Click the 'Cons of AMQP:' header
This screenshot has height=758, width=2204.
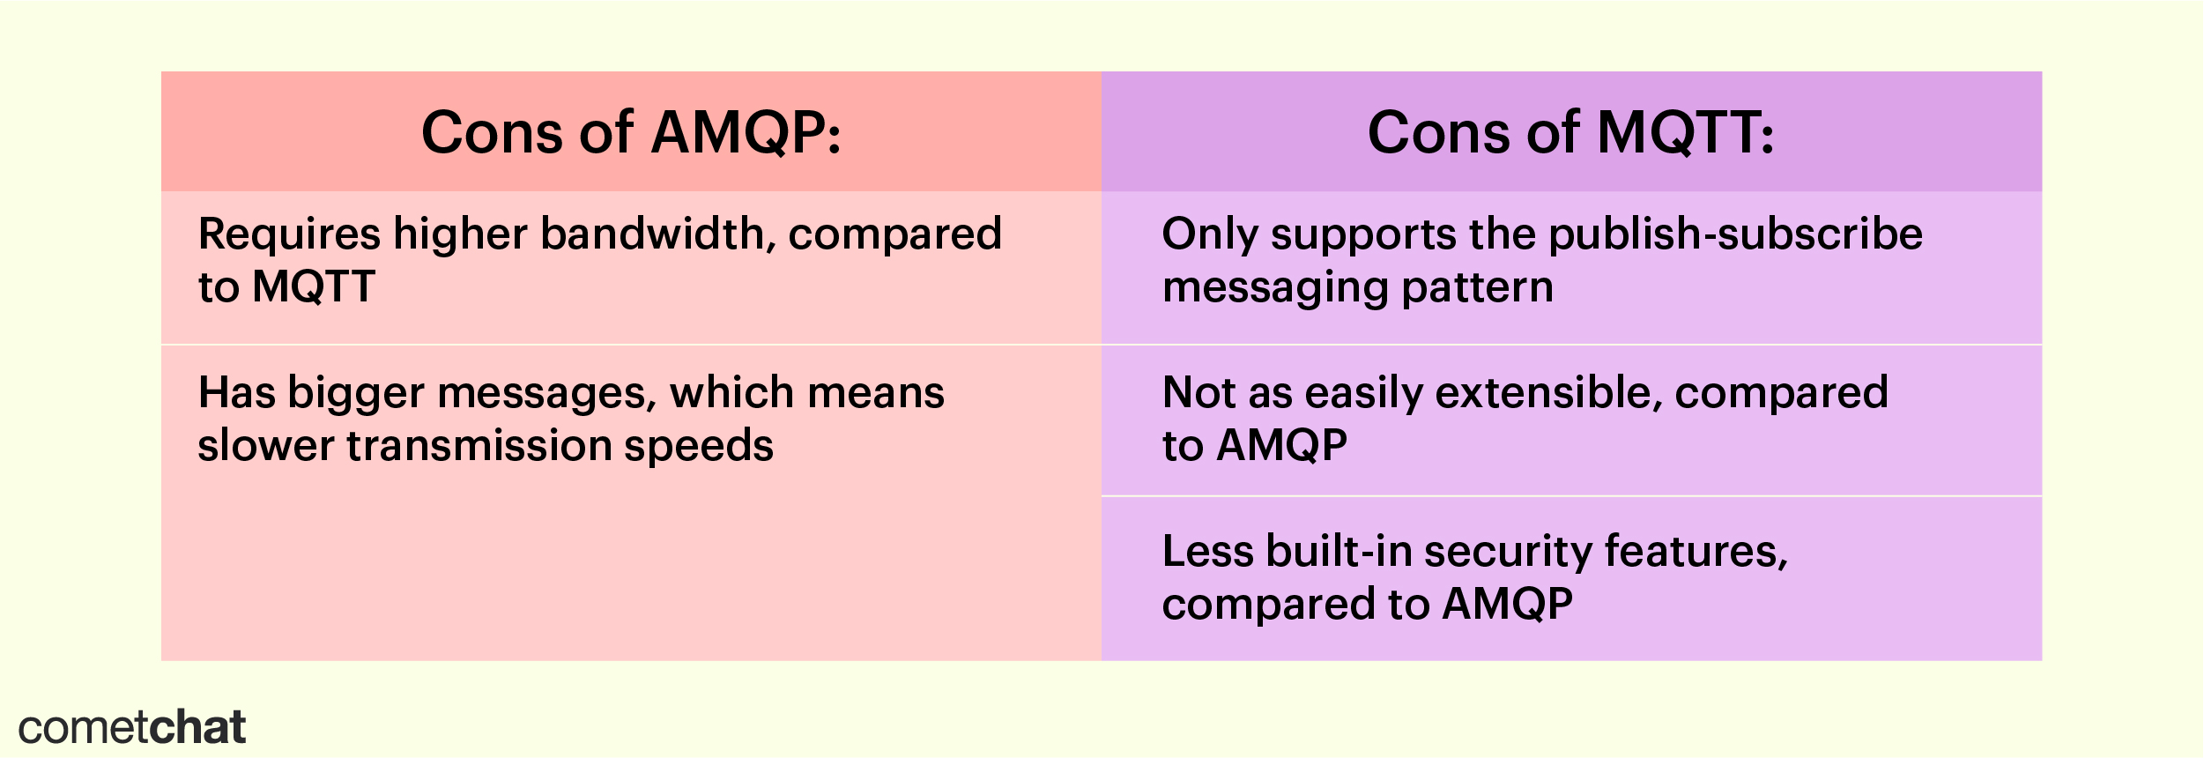click(631, 133)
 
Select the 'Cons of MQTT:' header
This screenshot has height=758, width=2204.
click(1570, 133)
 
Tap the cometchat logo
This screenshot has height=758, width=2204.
click(131, 728)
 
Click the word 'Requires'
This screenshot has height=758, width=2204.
click(289, 235)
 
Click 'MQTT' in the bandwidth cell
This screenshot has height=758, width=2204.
click(314, 287)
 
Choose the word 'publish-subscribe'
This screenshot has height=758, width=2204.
click(1735, 235)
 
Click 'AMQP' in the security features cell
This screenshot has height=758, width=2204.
click(1507, 605)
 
